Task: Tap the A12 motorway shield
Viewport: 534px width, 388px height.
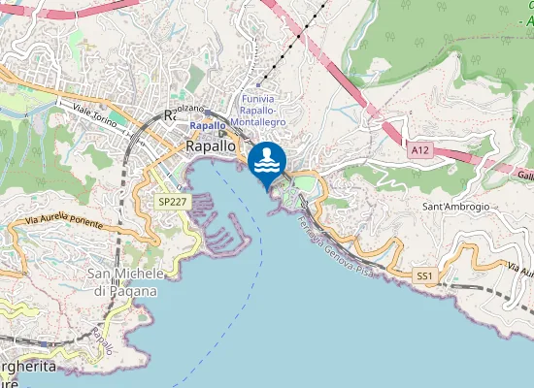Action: (419, 150)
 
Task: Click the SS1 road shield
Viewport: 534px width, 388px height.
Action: (424, 276)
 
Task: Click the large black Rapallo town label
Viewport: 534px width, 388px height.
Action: (211, 145)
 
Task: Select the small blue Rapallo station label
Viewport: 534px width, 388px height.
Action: (208, 126)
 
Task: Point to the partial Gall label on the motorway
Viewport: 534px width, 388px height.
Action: (525, 176)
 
